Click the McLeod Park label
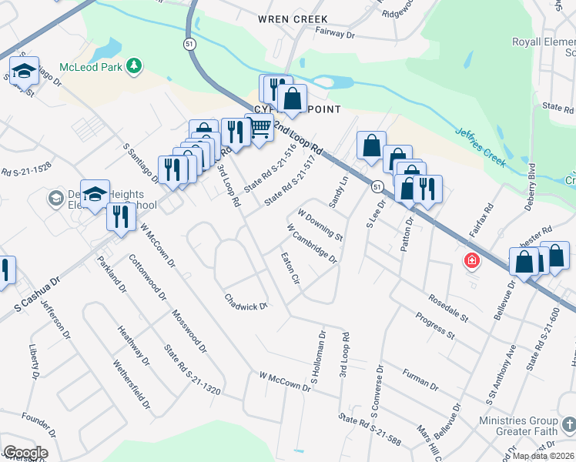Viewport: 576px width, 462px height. tap(92, 66)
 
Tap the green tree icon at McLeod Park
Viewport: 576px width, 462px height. tap(135, 65)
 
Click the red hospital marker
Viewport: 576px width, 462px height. tap(471, 262)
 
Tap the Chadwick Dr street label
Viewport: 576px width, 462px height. tap(246, 302)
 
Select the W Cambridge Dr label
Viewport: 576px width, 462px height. tap(312, 243)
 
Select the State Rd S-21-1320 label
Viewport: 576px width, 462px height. tap(192, 370)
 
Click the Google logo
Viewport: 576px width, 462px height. tap(25, 453)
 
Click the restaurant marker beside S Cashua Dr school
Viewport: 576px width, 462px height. tap(121, 216)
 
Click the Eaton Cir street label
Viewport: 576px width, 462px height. tap(290, 268)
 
